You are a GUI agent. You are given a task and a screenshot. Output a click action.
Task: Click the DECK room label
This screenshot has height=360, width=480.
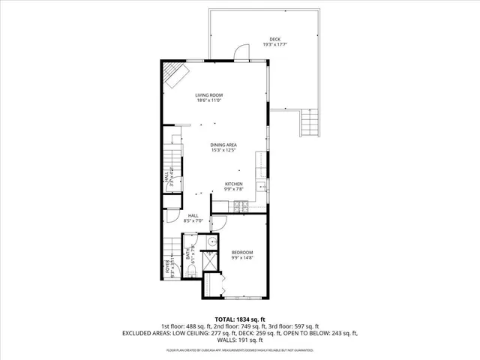click(275, 39)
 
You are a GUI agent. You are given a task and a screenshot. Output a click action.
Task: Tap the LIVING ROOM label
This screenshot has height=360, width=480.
click(209, 95)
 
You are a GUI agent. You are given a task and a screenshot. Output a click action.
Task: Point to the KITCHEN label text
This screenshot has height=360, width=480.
click(234, 184)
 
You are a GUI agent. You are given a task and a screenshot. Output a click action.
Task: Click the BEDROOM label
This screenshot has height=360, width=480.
click(241, 252)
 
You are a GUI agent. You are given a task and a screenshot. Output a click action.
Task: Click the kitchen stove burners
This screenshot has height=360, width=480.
click(239, 204)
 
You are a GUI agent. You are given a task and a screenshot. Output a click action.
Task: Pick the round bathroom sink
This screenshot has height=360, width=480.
click(211, 241)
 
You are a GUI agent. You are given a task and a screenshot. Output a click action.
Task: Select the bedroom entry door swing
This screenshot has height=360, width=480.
click(219, 223)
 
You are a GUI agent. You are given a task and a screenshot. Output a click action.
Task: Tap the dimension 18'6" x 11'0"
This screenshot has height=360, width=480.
click(209, 100)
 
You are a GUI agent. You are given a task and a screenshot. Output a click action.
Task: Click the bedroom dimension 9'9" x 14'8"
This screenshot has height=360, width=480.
click(241, 257)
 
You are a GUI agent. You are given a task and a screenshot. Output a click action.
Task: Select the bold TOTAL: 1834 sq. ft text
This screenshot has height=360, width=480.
click(240, 319)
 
